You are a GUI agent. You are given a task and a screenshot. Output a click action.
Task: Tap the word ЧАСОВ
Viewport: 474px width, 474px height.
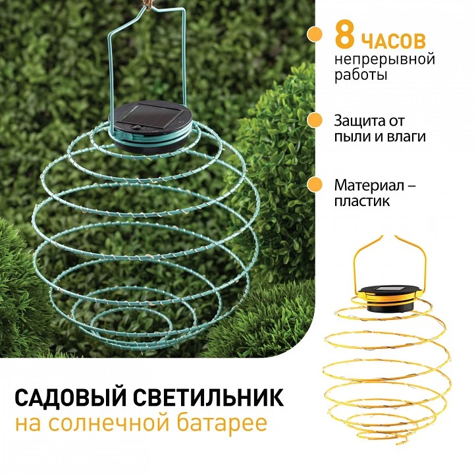click(394, 41)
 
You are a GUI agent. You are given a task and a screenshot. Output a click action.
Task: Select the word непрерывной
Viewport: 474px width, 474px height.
click(385, 59)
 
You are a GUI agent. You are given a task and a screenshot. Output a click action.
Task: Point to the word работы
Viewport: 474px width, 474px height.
click(361, 74)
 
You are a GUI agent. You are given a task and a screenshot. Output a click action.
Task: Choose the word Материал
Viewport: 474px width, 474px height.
click(369, 185)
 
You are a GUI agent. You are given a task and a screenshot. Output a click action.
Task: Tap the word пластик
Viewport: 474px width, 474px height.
click(362, 201)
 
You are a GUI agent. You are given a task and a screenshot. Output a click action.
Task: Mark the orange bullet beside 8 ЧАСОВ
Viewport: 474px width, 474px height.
click(315, 34)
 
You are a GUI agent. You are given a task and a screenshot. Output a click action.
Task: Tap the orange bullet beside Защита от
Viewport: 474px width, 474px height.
click(315, 120)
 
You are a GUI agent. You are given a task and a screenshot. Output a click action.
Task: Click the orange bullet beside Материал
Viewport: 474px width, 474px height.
click(315, 184)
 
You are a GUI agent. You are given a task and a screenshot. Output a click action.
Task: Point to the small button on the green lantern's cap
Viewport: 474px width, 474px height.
click(138, 128)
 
